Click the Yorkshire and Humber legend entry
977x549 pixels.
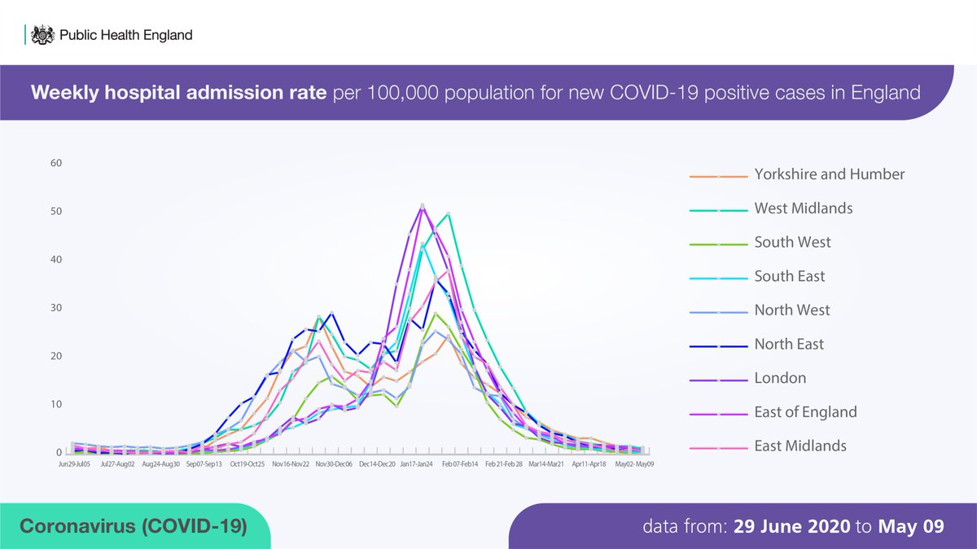point(829,174)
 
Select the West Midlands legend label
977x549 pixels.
point(804,209)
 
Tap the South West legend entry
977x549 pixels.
point(792,243)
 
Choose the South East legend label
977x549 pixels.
point(789,277)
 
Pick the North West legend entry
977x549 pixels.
point(792,310)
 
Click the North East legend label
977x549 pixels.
point(789,345)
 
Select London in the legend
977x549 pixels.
point(780,378)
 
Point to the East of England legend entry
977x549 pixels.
point(805,412)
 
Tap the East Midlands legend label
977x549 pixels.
point(800,446)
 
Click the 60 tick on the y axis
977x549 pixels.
point(56,163)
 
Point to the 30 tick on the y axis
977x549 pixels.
point(56,308)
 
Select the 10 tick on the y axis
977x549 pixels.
point(56,405)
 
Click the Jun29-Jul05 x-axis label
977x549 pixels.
point(74,463)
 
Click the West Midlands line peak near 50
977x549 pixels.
point(449,214)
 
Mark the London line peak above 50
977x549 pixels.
point(423,205)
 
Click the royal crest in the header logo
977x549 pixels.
point(42,35)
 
